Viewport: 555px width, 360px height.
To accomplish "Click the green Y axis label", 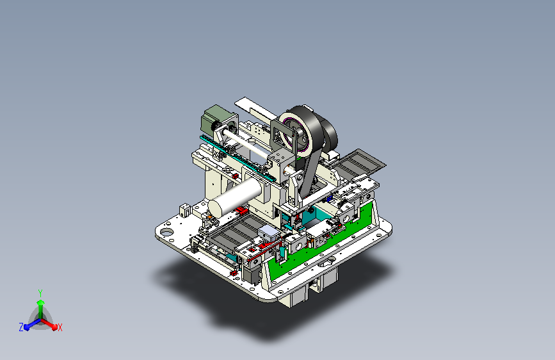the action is click(40, 293).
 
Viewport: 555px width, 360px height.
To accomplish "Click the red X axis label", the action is click(60, 328).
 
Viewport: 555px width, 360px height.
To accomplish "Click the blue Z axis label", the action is click(21, 327).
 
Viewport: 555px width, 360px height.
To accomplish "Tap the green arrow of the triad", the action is click(41, 309).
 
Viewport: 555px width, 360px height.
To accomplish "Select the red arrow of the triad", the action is click(49, 324).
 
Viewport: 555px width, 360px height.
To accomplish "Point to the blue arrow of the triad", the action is click(33, 323).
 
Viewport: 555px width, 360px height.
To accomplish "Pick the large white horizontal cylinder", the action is click(235, 197).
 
